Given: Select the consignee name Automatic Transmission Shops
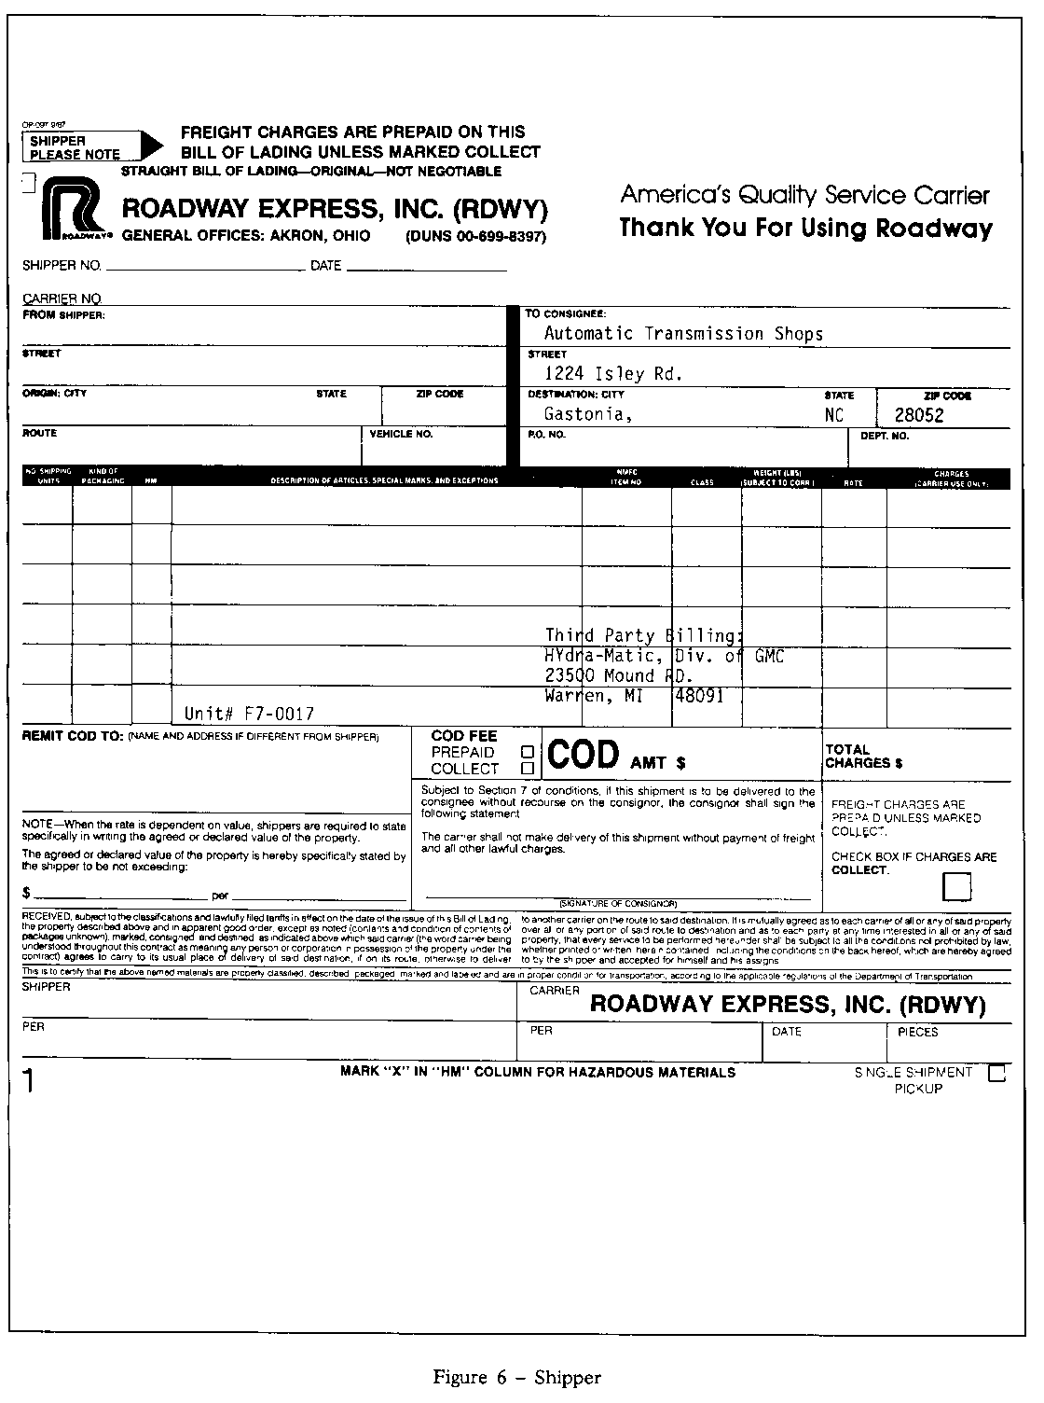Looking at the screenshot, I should click(x=683, y=334).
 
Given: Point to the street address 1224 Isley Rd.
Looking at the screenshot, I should click(x=613, y=374).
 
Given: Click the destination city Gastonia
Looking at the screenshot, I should click(x=588, y=415).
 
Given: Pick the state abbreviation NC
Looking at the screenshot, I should click(x=834, y=416).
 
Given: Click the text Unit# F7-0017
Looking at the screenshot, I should click(x=249, y=714).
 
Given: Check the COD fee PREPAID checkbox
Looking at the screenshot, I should click(x=528, y=752).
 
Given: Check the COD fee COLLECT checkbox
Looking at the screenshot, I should click(x=528, y=769).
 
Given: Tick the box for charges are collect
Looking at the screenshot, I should click(x=956, y=886).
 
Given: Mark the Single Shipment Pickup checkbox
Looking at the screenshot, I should click(x=996, y=1073).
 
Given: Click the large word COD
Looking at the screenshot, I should click(x=583, y=755).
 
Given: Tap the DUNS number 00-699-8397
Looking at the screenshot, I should click(x=476, y=237).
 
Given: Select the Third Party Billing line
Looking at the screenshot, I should click(x=644, y=636).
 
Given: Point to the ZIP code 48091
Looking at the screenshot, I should click(x=697, y=696).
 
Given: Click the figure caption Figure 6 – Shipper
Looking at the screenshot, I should click(x=516, y=1378).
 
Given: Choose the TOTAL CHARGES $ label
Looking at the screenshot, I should click(x=863, y=756).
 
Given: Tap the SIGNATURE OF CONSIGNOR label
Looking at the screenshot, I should click(x=617, y=904).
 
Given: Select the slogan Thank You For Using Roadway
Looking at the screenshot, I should click(x=805, y=229).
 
